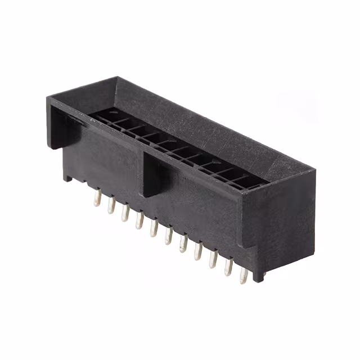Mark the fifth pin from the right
pos(183,243)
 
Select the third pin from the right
pos(213,259)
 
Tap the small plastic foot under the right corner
pos(258,276)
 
